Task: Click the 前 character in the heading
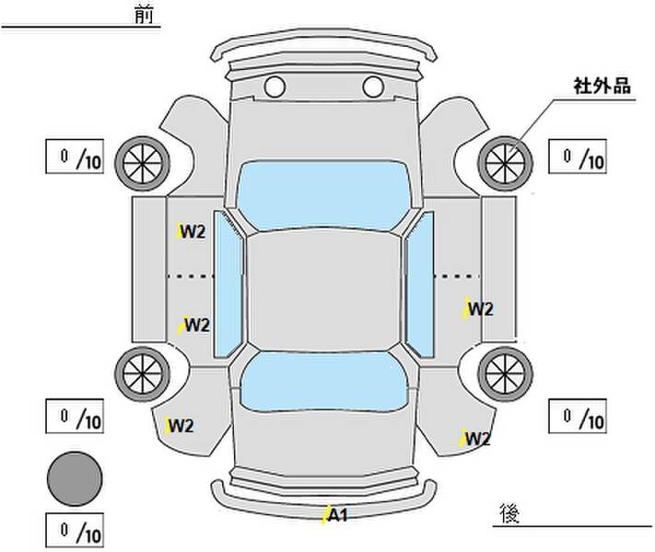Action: point(144,15)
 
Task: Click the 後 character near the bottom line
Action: point(509,513)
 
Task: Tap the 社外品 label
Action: point(602,86)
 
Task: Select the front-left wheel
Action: point(143,164)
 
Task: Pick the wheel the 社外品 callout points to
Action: point(505,164)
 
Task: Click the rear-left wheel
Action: point(143,374)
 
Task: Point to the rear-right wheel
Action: point(505,374)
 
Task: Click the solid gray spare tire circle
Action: point(75,479)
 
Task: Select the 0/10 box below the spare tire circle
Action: point(75,530)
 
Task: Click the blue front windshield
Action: point(323,195)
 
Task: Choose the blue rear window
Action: point(324,382)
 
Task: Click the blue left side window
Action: point(228,284)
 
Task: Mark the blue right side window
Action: point(419,284)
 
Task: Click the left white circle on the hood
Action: point(275,86)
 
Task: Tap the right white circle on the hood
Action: point(373,86)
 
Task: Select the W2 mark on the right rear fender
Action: point(474,439)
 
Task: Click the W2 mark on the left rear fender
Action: point(180,426)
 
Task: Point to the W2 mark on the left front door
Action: point(191,232)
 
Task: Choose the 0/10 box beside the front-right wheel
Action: point(578,156)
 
